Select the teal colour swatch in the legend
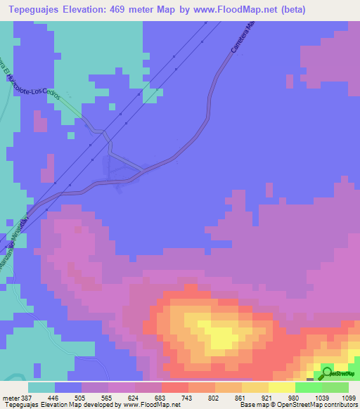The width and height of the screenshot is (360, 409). (x=41, y=387)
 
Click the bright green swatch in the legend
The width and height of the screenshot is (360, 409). (x=308, y=387)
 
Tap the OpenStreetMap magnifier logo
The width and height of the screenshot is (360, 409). (x=328, y=372)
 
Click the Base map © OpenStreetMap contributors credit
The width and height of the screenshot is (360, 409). (x=298, y=404)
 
